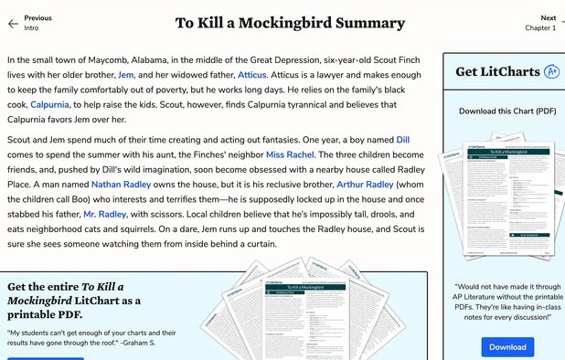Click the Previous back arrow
tap(12, 23)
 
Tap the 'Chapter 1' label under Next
tap(539, 28)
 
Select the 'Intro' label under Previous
tap(31, 28)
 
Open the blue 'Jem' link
tap(126, 74)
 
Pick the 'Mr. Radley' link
tap(105, 214)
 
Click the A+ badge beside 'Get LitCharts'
tap(551, 71)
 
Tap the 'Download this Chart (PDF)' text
tap(506, 111)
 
